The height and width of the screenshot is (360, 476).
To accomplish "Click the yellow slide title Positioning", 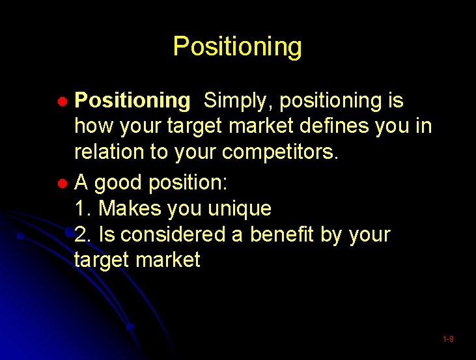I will [237, 47].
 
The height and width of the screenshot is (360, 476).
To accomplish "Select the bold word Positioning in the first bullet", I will [132, 101].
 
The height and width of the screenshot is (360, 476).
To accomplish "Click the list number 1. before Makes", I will [83, 209].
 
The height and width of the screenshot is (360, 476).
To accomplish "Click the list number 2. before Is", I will [83, 234].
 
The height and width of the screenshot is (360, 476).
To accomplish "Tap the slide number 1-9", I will [448, 339].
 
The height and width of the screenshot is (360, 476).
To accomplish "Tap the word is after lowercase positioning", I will [395, 101].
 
